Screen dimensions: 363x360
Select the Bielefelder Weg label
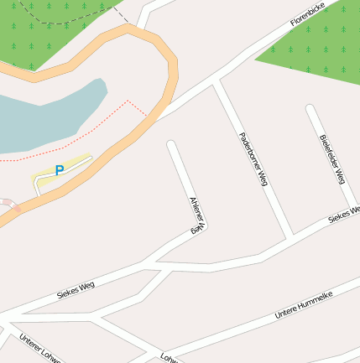333,158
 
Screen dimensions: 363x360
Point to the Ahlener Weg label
197,215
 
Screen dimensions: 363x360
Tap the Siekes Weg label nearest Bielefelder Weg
342,212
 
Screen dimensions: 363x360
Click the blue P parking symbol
59,170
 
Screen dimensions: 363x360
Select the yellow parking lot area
76,164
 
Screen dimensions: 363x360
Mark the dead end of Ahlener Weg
172,145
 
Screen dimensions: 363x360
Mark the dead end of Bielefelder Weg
310,109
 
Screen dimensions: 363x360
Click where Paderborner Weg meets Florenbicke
218,82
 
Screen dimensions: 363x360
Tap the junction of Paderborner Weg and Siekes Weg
290,236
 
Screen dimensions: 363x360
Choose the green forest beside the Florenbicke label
319,50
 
